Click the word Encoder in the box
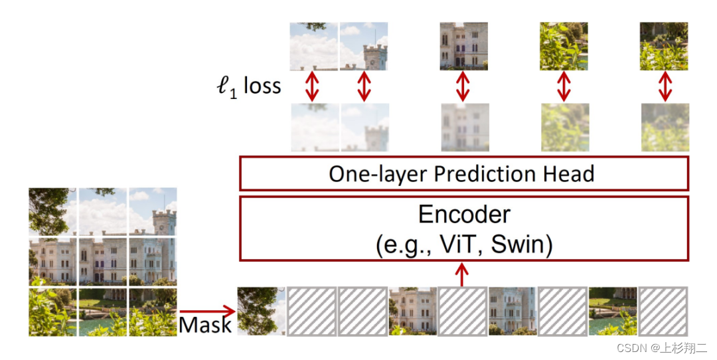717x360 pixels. (464, 215)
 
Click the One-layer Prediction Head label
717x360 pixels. (461, 174)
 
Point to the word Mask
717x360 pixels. (205, 325)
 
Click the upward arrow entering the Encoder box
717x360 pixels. (463, 272)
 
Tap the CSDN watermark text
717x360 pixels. (662, 347)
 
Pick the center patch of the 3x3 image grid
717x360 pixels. (103, 261)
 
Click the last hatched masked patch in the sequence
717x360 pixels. (663, 311)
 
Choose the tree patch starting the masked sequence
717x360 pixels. (261, 311)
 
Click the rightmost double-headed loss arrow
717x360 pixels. (664, 86)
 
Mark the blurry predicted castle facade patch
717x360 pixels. (464, 127)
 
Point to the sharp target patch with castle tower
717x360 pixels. (364, 46)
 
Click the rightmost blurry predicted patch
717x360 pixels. (664, 127)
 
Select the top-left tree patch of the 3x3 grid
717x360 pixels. (52, 212)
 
